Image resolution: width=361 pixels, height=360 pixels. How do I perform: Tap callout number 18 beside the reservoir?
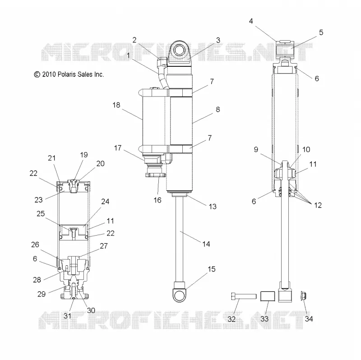116,105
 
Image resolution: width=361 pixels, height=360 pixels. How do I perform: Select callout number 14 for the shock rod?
206,244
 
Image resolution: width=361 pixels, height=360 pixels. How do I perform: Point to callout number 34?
309,319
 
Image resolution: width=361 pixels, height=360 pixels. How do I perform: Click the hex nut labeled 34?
303,296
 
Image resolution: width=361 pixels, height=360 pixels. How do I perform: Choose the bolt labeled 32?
244,296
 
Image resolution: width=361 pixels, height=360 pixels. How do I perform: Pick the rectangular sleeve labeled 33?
268,296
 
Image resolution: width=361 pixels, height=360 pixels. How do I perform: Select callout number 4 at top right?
251,21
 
